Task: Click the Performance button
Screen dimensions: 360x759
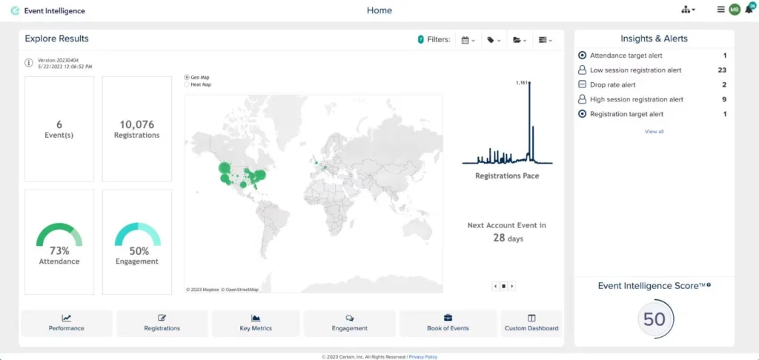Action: tap(67, 323)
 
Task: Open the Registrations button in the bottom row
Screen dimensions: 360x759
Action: tap(162, 323)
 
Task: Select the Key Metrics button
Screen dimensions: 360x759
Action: tap(256, 323)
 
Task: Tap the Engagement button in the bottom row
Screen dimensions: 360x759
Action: tap(349, 323)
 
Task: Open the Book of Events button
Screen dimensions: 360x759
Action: tap(448, 323)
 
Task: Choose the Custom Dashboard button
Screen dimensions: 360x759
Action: tap(531, 323)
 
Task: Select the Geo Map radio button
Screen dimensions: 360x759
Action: tap(186, 77)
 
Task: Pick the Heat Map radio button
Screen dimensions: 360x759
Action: tap(186, 84)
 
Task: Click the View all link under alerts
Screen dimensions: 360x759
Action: tap(654, 131)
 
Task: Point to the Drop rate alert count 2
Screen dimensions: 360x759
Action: tap(724, 84)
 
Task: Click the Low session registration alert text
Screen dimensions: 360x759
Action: tap(635, 70)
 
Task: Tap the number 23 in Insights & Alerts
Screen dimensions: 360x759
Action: tap(722, 70)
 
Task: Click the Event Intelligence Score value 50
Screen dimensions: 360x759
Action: tap(654, 319)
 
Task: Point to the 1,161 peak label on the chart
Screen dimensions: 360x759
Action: tap(521, 83)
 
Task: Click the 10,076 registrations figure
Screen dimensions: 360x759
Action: tap(136, 124)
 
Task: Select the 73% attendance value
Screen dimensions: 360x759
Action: tap(59, 250)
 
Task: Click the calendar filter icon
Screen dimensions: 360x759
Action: tap(465, 40)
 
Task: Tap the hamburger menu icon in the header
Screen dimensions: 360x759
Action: tap(720, 10)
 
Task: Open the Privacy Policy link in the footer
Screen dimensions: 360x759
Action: tap(423, 356)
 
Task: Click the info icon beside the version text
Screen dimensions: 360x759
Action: tap(29, 63)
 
